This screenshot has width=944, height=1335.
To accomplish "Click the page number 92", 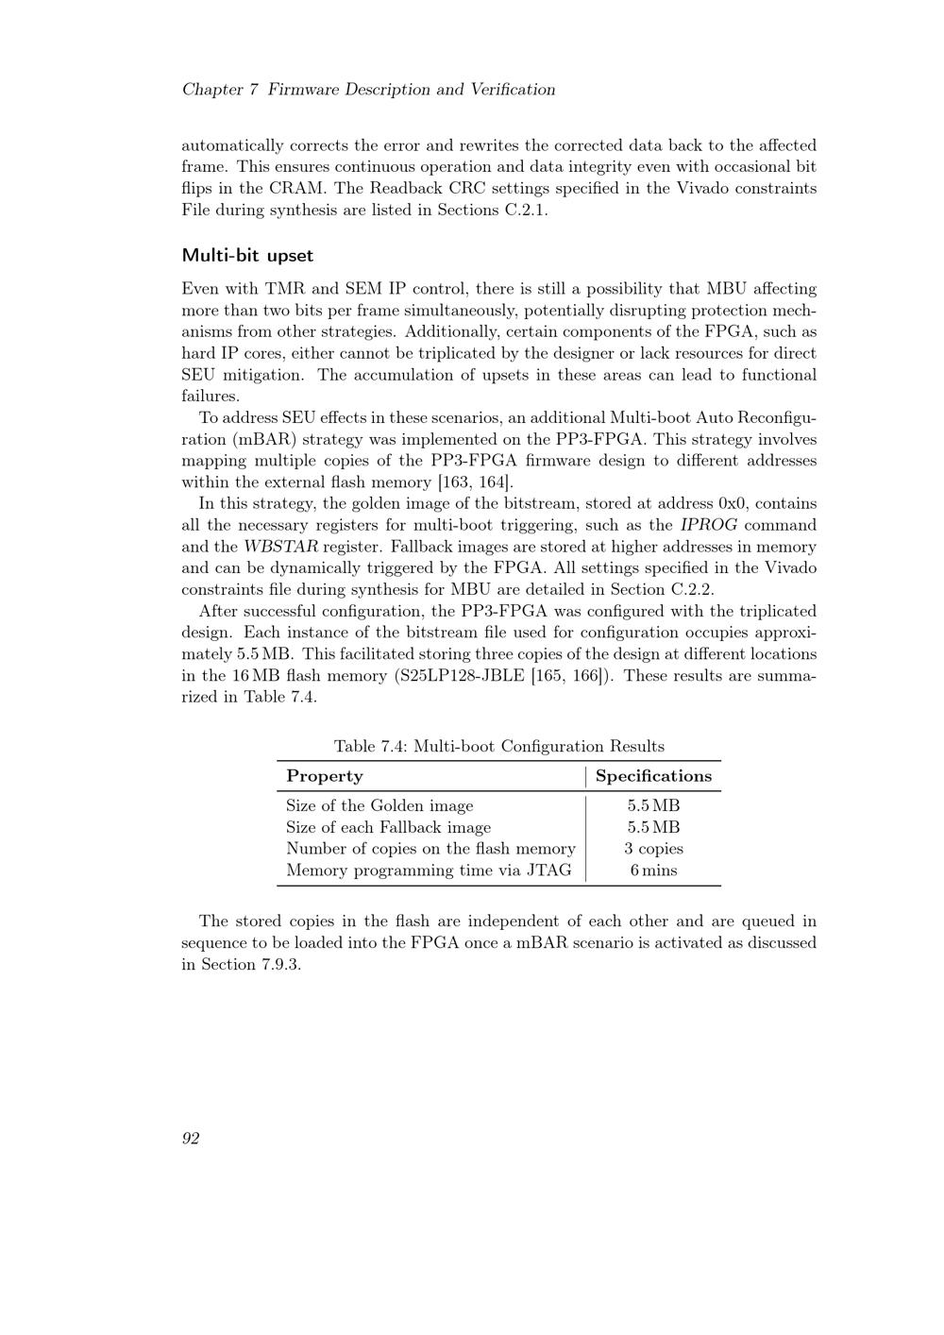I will (190, 1139).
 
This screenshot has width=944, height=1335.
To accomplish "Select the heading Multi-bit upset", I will (247, 256).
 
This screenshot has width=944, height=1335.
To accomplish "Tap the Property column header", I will (324, 776).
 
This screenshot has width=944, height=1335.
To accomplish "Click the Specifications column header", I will (653, 776).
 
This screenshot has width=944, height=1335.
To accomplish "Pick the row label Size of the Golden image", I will (379, 805).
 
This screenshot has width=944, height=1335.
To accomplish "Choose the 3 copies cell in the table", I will (653, 849).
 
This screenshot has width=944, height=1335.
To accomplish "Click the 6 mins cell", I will (653, 870).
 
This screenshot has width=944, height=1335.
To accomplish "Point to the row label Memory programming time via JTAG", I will (429, 870).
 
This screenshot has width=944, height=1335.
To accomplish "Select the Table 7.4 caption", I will (498, 747).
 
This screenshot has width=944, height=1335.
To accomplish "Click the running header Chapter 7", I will (220, 90).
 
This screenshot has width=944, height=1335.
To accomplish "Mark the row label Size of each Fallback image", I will (388, 827).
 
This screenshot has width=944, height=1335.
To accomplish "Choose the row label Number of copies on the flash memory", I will (430, 849).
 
